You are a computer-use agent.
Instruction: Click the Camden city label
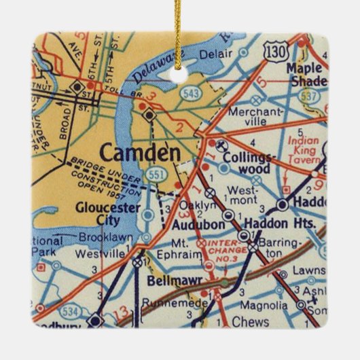click(132, 151)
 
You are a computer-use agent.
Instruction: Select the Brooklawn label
click(103, 238)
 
